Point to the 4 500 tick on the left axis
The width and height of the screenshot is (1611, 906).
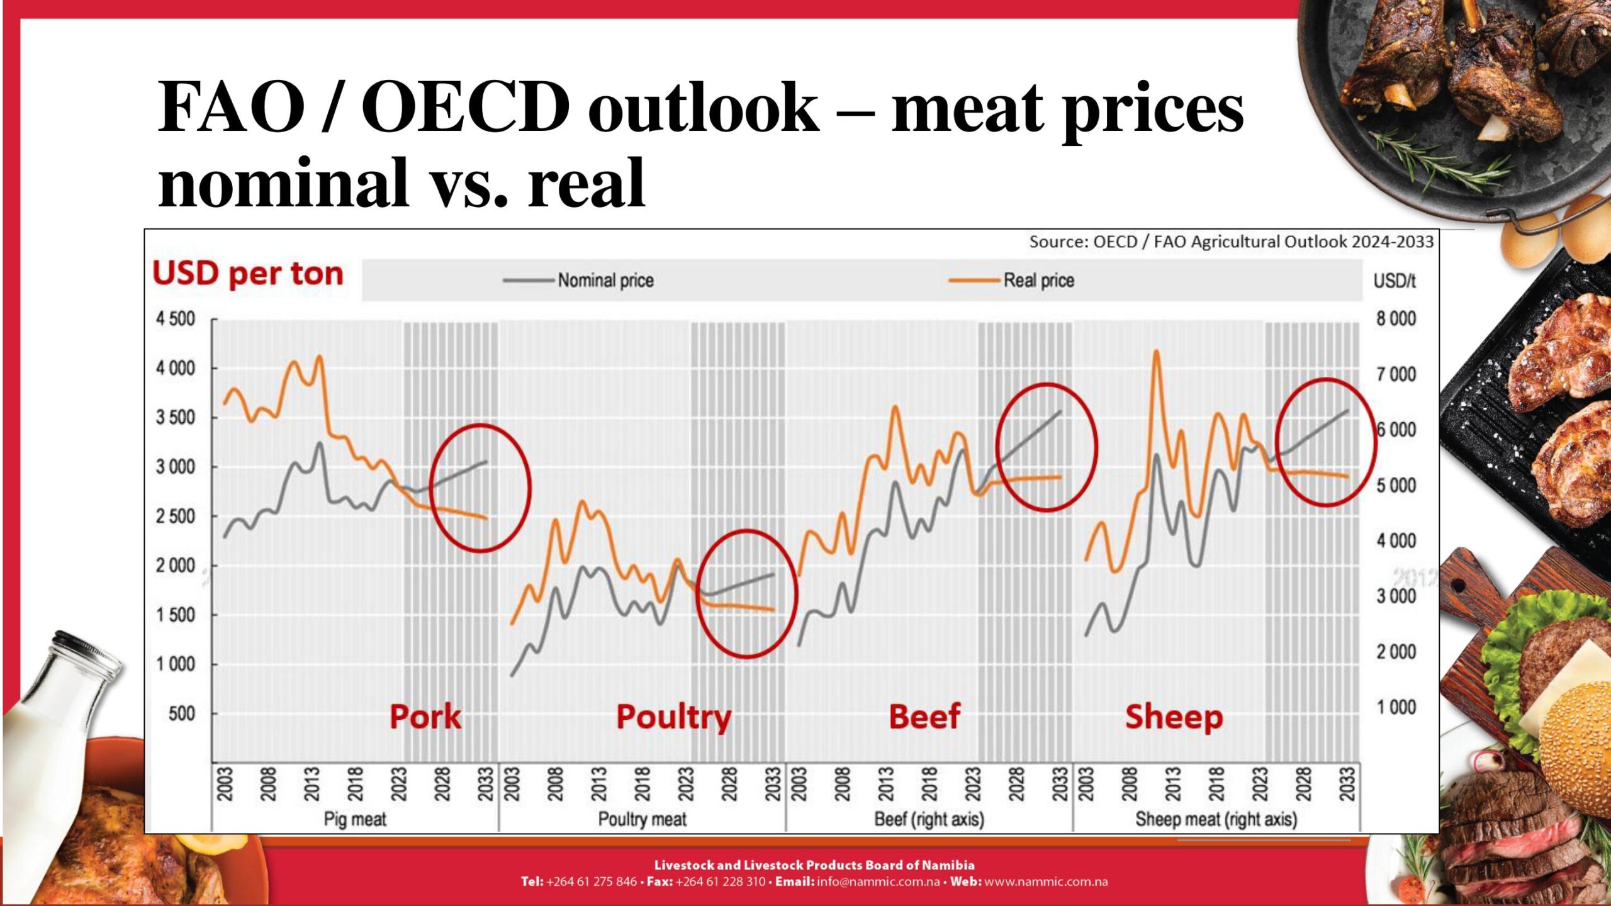pos(176,319)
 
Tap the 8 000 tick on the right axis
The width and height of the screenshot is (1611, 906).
pos(1395,319)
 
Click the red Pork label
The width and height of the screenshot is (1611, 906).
pos(425,717)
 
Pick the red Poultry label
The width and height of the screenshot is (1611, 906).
pos(673,717)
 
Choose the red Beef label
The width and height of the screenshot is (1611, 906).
pos(924,717)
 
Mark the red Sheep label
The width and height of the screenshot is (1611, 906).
pos(1174,717)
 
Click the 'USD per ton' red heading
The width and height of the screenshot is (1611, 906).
pos(248,274)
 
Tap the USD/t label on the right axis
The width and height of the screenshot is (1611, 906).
pos(1394,281)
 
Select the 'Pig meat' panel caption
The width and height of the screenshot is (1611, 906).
pos(355,819)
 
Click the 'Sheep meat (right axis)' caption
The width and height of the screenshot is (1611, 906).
pos(1216,819)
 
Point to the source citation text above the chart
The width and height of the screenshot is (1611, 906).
pos(1231,242)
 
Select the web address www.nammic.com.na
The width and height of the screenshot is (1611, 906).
pos(1045,881)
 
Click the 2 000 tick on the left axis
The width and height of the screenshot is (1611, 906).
pos(176,566)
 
